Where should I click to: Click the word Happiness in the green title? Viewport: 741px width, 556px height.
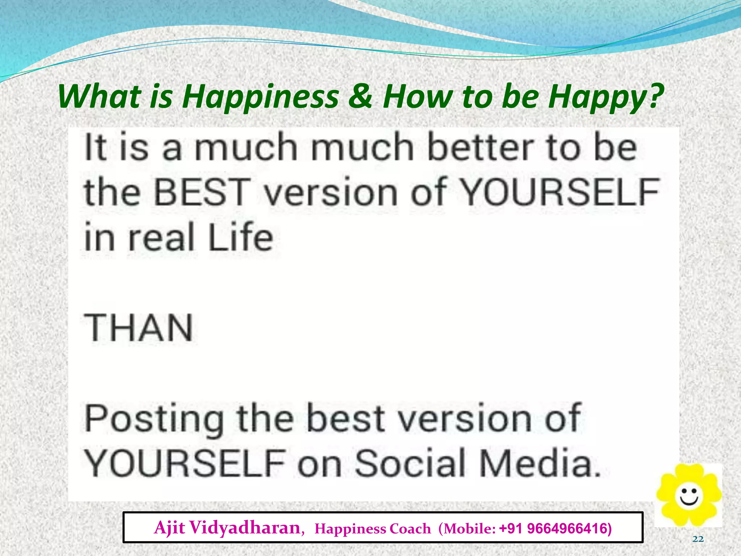[x=260, y=97]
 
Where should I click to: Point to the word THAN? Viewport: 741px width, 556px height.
[x=139, y=328]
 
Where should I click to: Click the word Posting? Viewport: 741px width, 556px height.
[x=154, y=419]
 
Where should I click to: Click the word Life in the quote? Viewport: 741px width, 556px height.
[x=240, y=237]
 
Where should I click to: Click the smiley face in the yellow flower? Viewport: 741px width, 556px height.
[x=689, y=496]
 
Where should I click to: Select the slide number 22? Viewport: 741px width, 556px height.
[x=698, y=539]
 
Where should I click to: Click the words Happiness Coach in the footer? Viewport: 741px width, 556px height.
[x=373, y=529]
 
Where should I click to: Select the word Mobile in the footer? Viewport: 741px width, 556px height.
[x=467, y=529]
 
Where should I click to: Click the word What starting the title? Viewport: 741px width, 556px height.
[x=99, y=97]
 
